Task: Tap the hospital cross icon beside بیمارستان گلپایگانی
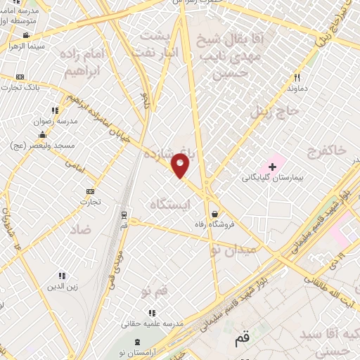coord(272,167)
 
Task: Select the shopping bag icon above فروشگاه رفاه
coord(214,214)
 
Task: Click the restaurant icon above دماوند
coord(297,77)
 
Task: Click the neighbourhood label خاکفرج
coord(327,150)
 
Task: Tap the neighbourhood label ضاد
coord(80,229)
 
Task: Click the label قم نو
coord(154,290)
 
